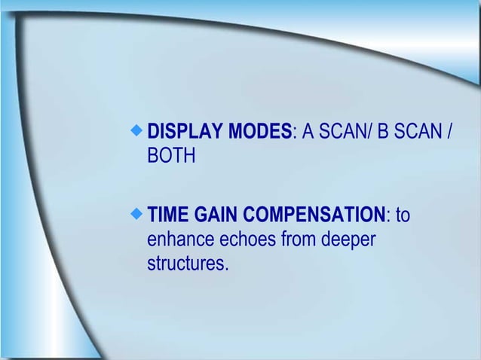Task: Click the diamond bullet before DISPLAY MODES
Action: coord(136,131)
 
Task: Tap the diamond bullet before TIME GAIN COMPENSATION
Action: coord(136,215)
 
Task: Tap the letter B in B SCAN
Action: coord(382,133)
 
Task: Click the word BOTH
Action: coord(171,157)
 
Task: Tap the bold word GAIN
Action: coord(218,216)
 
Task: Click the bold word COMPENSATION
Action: coord(315,216)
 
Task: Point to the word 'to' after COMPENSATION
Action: coord(403,216)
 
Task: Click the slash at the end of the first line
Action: coord(450,133)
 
